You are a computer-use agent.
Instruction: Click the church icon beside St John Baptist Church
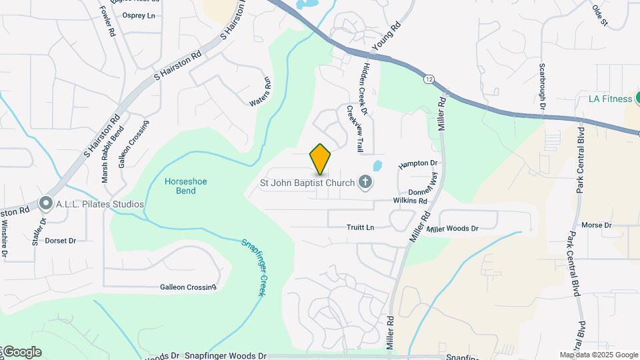(x=365, y=181)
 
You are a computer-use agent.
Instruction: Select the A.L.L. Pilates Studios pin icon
(x=45, y=203)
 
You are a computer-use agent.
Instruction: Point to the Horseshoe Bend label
(x=181, y=185)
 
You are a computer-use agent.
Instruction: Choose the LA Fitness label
(x=610, y=99)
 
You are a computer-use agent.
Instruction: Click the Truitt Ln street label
(x=360, y=227)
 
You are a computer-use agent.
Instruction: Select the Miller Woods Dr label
(x=453, y=229)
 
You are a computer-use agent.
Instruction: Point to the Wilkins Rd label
(x=410, y=200)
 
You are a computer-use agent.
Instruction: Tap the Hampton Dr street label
(x=417, y=163)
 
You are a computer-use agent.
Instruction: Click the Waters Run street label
(x=261, y=92)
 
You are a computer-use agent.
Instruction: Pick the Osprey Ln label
(x=142, y=15)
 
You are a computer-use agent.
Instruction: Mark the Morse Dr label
(x=597, y=225)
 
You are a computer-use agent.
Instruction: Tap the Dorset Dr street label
(x=60, y=241)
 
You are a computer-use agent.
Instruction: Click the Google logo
(x=21, y=352)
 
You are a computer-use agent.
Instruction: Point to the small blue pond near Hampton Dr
(x=377, y=165)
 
